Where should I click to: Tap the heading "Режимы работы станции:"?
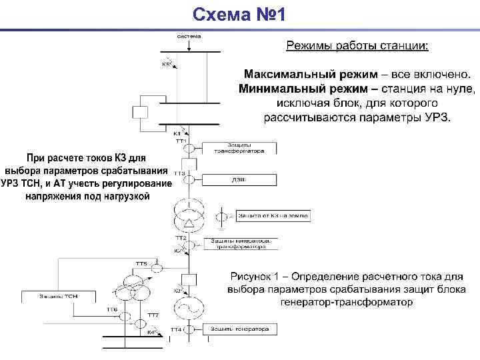358,46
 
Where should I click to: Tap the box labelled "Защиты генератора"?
240,329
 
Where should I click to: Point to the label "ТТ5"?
141,264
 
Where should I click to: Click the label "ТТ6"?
112,310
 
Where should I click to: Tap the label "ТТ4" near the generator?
176,330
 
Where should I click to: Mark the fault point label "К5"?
165,65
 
